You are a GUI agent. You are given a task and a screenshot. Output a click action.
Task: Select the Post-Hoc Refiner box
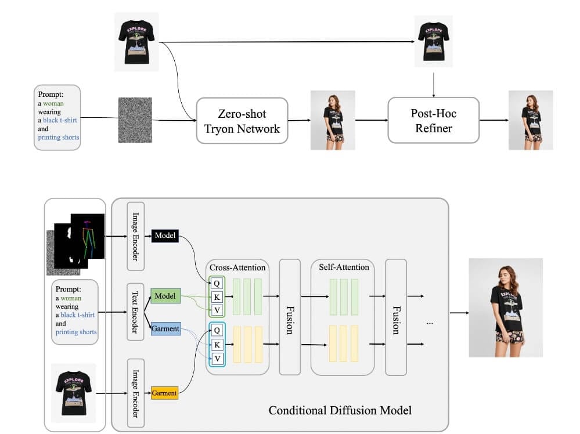433,120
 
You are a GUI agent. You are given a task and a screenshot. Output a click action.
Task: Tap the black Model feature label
165,236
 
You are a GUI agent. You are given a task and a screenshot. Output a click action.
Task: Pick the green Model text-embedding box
165,296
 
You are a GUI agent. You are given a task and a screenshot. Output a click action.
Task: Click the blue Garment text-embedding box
165,329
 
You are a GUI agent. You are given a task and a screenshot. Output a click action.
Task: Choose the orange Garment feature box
164,393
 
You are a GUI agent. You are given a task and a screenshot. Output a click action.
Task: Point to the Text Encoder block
135,312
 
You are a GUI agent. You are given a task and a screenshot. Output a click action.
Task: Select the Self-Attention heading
344,267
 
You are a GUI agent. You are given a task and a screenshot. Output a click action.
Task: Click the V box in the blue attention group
217,359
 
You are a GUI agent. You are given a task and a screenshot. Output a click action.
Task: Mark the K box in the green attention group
217,296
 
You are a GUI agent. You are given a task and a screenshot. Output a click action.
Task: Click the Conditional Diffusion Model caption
340,411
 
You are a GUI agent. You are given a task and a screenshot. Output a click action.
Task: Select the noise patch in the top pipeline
135,120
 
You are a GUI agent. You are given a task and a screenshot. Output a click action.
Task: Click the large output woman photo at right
506,308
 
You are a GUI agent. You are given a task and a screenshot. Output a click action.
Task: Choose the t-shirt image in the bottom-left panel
73,392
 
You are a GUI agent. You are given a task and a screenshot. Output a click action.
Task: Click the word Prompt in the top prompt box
51,94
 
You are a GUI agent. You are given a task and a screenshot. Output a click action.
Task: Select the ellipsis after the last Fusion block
430,321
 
